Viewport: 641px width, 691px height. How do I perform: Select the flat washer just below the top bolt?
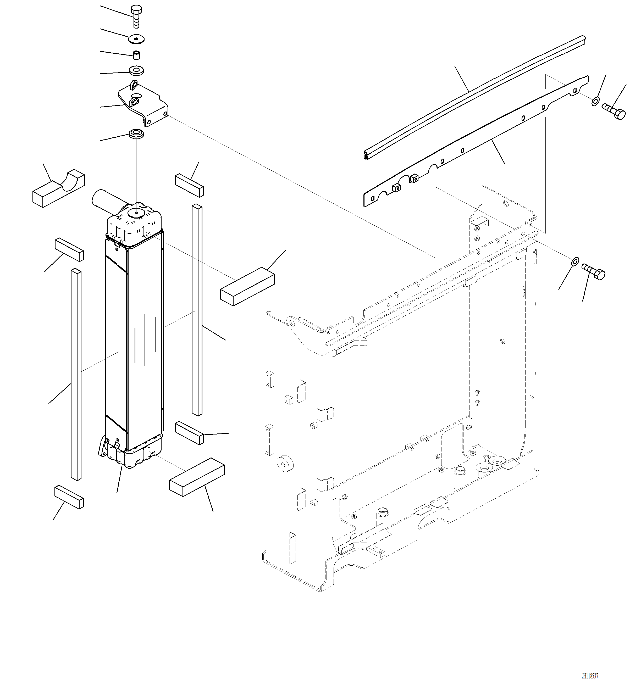pos(137,39)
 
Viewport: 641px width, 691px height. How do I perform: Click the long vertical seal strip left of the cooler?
pos(76,375)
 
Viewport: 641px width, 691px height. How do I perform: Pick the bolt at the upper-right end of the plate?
pos(614,112)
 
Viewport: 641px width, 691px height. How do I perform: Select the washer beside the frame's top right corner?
pos(575,261)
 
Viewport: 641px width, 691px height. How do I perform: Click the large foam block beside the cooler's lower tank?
pos(197,477)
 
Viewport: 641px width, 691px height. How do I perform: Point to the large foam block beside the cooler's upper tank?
pos(247,286)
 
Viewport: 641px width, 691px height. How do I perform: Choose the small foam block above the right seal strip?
pos(189,186)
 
